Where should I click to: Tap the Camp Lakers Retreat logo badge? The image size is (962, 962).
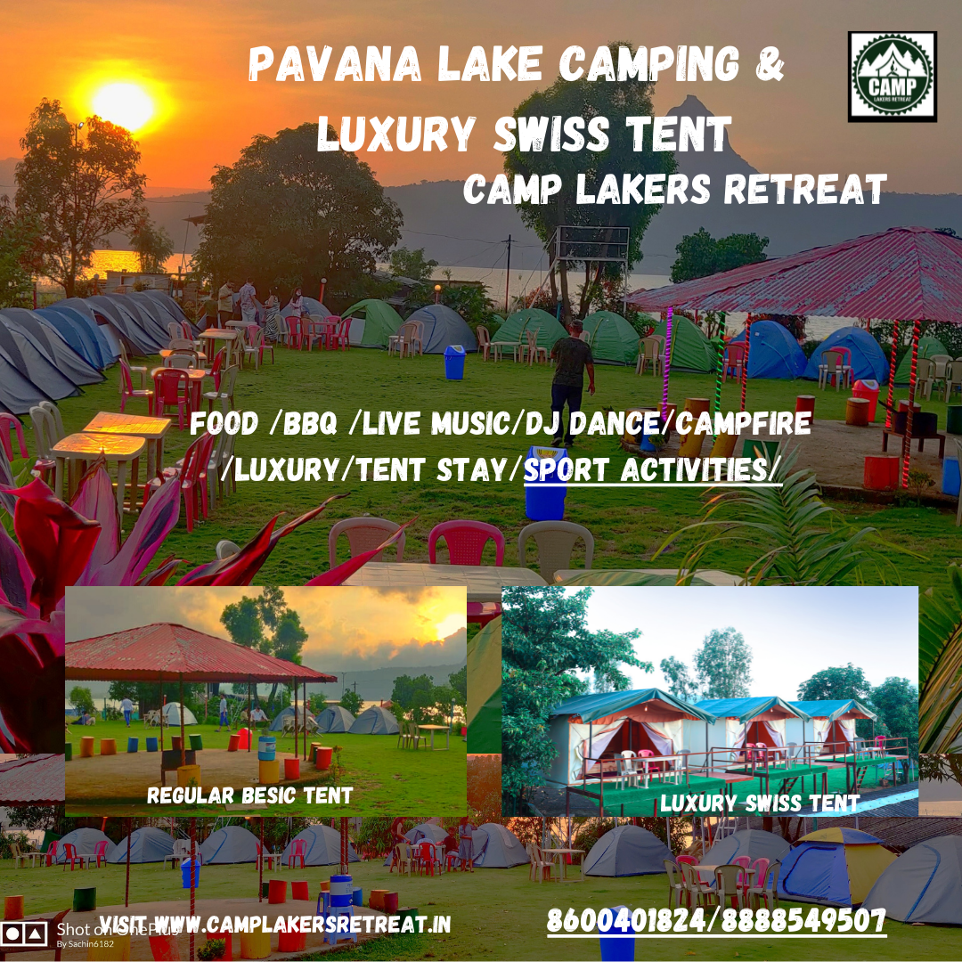(x=892, y=77)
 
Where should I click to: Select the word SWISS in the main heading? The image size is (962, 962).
(x=551, y=133)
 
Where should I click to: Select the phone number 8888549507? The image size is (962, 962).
(x=803, y=920)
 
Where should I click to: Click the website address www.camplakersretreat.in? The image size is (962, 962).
(x=302, y=924)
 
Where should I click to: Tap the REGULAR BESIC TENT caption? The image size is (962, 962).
(x=249, y=795)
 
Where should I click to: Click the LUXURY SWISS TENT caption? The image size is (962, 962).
(x=760, y=803)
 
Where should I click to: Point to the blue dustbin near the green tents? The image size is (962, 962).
(x=454, y=362)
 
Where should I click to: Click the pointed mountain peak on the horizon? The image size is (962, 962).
(x=692, y=110)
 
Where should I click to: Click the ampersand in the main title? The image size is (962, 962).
(x=770, y=63)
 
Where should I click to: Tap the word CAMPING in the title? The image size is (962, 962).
(x=649, y=63)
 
